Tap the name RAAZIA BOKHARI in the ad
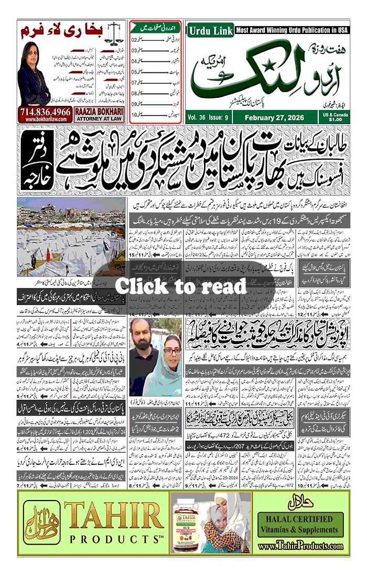98,112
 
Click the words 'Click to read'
181,286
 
